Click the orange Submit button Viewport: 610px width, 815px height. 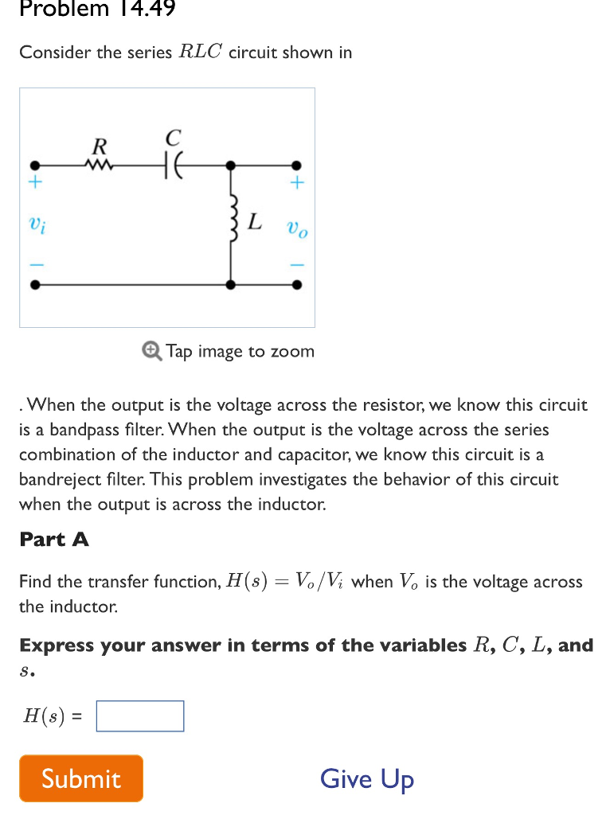(x=81, y=778)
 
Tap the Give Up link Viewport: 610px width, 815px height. (x=367, y=778)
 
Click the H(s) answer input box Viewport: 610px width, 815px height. (x=140, y=716)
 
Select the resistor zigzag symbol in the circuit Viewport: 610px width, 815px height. (x=100, y=166)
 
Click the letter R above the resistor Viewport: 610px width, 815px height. (x=100, y=146)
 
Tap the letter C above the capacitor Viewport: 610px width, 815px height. (x=174, y=137)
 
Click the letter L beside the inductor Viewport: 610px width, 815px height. (x=254, y=221)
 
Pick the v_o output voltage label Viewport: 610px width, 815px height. (x=297, y=231)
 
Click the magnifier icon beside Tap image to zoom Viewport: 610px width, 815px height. (x=151, y=351)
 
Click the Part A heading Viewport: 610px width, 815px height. (x=54, y=539)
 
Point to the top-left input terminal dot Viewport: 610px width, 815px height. (x=34, y=166)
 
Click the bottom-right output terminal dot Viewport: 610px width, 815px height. (x=296, y=284)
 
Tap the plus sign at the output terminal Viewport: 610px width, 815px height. (x=296, y=183)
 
